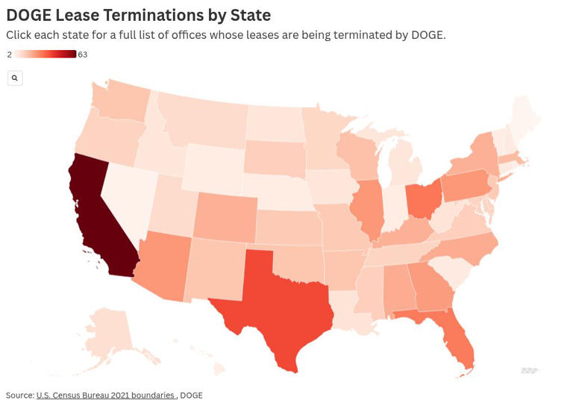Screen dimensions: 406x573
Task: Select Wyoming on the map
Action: pos(212,167)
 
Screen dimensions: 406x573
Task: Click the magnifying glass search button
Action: pos(14,78)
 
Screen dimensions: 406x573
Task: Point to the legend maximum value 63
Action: pos(83,54)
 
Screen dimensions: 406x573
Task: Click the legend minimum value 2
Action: pos(9,54)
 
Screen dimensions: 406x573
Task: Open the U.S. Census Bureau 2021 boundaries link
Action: pos(105,395)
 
